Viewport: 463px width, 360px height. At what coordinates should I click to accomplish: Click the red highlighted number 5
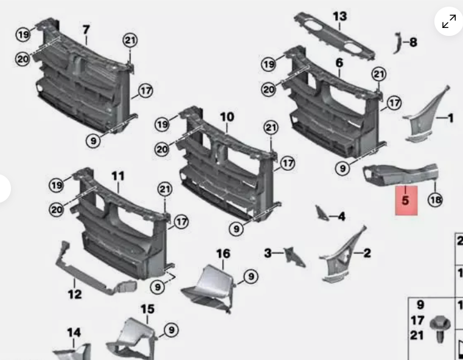406,200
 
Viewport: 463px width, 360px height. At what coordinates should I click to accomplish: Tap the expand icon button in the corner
449,21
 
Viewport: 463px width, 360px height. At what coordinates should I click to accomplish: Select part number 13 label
340,16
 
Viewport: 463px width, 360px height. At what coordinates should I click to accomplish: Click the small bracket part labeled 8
397,43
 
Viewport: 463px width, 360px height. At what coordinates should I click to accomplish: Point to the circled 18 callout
436,200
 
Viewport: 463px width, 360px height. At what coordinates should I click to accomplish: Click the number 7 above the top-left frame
86,30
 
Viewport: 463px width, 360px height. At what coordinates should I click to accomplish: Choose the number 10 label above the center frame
227,117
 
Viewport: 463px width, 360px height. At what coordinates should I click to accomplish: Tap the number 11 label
118,176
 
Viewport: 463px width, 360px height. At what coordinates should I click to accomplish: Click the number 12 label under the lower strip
74,294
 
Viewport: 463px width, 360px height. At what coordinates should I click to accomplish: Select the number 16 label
223,254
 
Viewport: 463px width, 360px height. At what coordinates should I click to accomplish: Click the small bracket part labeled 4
322,213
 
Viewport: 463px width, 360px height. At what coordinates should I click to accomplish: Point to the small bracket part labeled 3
294,257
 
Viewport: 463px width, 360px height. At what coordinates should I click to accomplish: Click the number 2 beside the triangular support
367,253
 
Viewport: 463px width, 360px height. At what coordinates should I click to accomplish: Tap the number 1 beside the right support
451,119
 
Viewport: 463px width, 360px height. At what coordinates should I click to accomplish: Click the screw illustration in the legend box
440,330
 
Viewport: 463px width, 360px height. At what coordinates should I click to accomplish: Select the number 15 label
147,310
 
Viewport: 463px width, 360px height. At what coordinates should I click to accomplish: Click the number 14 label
74,333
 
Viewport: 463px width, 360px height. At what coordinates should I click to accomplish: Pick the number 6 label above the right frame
339,63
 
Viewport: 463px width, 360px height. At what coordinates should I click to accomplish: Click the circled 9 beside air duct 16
251,277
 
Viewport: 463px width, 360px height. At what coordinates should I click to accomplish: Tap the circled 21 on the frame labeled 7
130,40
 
